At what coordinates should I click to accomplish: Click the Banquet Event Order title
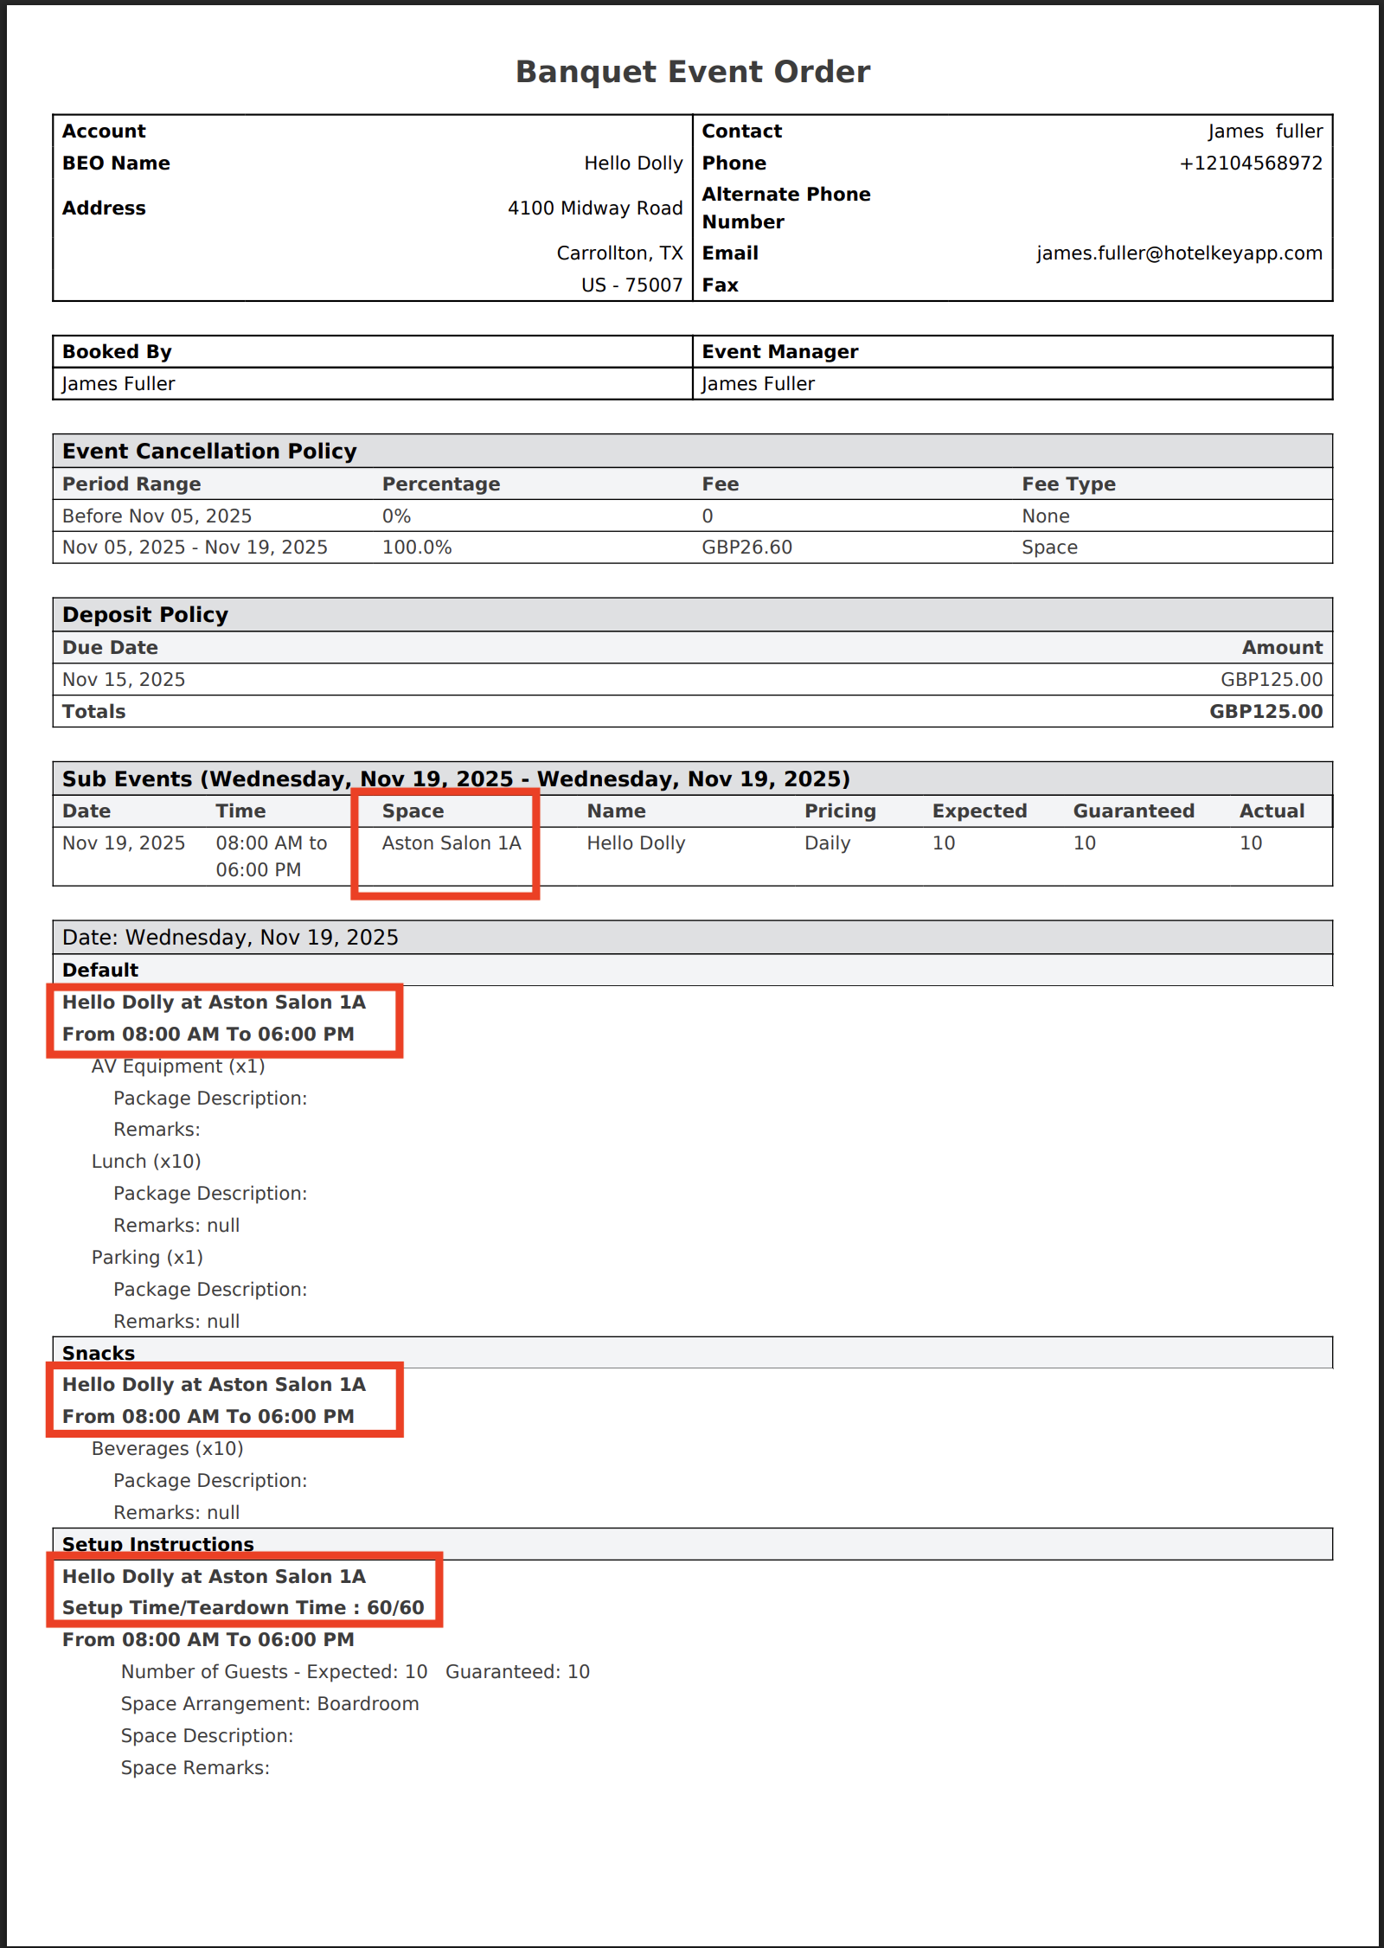point(692,72)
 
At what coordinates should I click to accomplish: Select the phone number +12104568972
point(1250,163)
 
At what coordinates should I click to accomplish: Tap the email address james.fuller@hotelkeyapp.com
point(1179,253)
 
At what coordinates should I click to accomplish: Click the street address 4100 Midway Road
point(595,208)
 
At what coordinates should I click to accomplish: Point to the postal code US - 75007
point(631,285)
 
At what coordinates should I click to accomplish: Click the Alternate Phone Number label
point(785,208)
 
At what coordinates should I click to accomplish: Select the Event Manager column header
point(779,352)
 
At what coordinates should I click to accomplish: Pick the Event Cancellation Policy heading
point(209,452)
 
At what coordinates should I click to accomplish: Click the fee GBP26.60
point(746,548)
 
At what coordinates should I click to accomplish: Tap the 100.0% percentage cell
point(417,548)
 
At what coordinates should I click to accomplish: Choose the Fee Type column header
point(1068,484)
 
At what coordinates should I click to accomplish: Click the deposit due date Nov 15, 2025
point(124,680)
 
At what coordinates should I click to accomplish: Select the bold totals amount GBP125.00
point(1265,712)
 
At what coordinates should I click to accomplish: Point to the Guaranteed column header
point(1133,811)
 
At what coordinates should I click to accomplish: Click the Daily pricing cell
point(827,843)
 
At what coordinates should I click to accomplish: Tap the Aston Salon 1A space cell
point(452,843)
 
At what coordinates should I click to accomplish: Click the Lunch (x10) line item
point(146,1162)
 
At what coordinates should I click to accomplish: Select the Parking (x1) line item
point(147,1258)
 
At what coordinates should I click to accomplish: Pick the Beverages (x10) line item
point(168,1449)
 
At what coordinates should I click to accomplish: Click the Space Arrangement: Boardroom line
point(270,1704)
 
